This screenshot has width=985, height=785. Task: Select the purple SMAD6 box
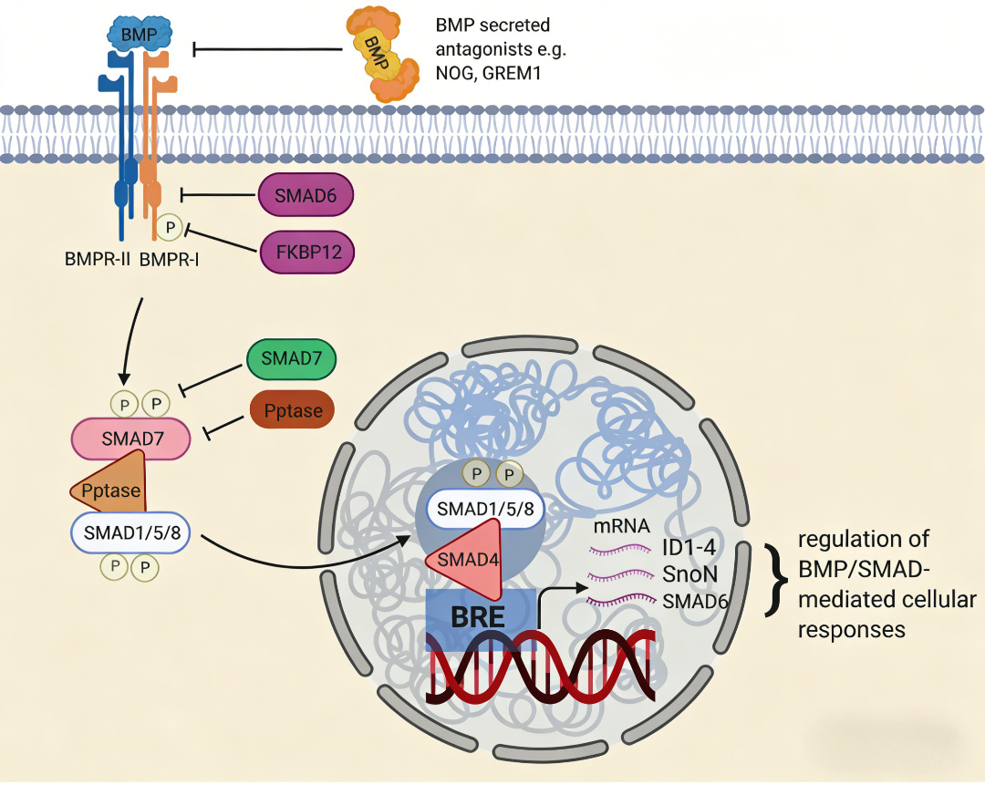coord(306,194)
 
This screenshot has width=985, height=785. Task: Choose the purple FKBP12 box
coord(306,251)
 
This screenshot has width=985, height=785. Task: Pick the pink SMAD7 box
coord(130,439)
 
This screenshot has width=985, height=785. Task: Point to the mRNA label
coord(621,525)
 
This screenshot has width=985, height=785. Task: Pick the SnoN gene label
coord(691,575)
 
